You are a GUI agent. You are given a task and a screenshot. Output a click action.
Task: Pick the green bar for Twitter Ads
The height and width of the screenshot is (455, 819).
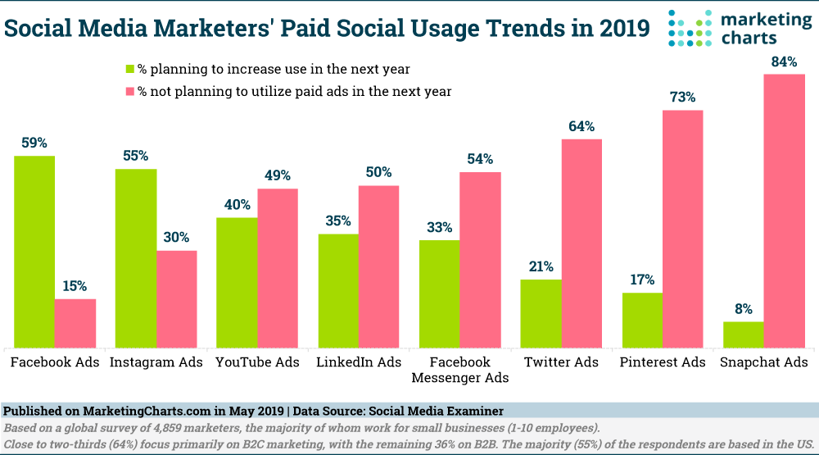click(541, 314)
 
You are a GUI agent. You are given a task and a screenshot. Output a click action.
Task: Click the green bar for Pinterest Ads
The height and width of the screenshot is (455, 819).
click(642, 321)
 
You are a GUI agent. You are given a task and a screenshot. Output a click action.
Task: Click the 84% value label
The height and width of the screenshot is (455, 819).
click(783, 61)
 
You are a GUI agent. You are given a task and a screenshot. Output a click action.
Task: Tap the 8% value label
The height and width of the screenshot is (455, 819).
click(744, 309)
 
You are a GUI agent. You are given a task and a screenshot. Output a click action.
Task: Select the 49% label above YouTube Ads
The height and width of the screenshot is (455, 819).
click(277, 175)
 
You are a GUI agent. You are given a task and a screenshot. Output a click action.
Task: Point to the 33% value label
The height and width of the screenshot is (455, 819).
click(439, 227)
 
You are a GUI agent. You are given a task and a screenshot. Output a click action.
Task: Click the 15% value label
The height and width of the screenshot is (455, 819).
click(75, 286)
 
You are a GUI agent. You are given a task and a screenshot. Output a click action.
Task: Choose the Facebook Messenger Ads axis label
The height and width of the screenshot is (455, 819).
click(459, 370)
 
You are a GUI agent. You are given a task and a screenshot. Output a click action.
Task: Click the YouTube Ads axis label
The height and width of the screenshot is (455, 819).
click(257, 362)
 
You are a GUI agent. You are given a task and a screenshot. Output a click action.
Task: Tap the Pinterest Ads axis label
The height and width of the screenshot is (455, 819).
click(663, 362)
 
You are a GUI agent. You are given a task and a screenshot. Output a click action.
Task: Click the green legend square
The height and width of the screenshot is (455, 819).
click(129, 68)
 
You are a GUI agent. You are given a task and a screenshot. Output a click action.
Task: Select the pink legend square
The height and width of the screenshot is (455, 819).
click(129, 91)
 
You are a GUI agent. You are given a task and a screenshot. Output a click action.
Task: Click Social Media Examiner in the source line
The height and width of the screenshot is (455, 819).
click(438, 411)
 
